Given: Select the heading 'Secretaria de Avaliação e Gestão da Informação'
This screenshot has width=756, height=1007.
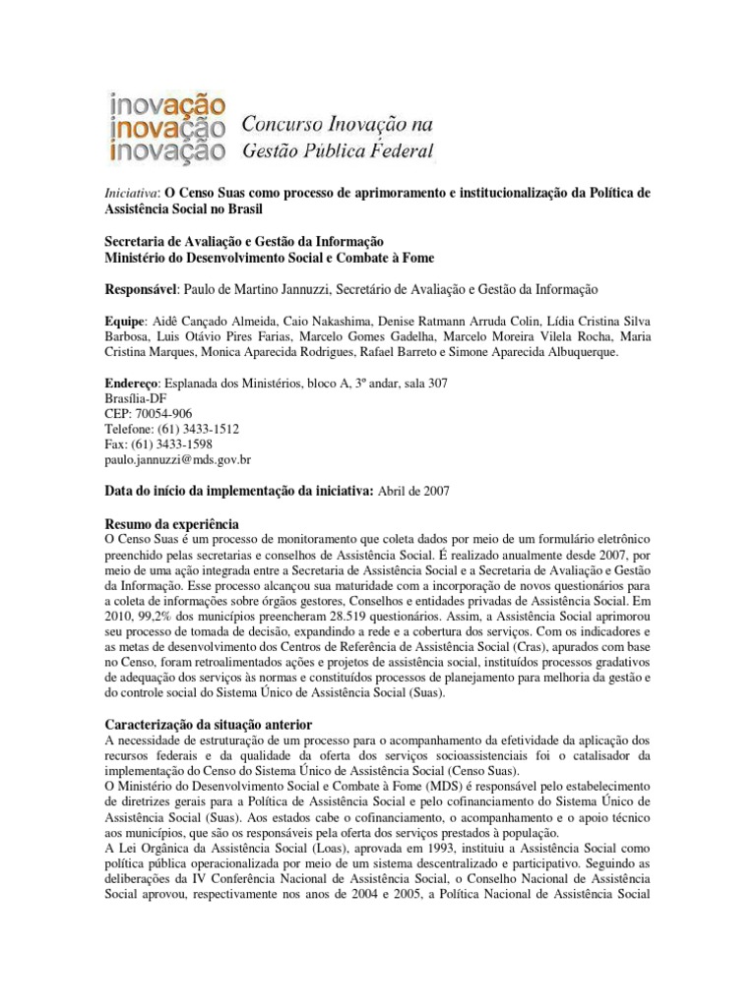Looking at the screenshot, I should pos(245,242).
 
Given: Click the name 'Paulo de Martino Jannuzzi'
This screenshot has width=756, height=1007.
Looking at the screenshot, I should pos(254,289).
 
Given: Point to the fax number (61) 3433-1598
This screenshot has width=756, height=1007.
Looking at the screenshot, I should pos(176,444).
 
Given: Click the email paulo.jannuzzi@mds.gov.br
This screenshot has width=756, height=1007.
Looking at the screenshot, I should pos(178,459).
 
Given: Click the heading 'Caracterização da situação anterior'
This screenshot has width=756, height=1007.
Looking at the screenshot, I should pos(208,724).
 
